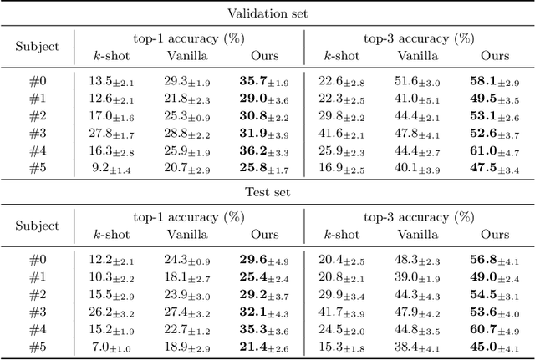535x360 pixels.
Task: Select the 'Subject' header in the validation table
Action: pyautogui.click(x=38, y=47)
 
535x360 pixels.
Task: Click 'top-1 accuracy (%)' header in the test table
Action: pyautogui.click(x=188, y=217)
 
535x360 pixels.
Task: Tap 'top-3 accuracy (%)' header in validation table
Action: pyautogui.click(x=418, y=38)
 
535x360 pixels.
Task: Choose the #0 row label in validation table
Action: pyautogui.click(x=38, y=80)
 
